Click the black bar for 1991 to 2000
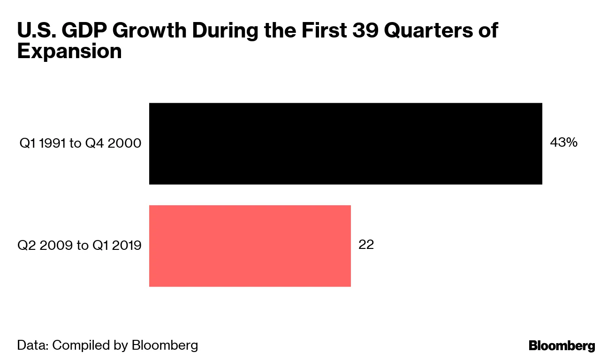pyautogui.click(x=345, y=143)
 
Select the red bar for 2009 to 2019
pyautogui.click(x=250, y=246)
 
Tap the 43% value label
pyautogui.click(x=563, y=143)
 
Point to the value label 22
pyautogui.click(x=366, y=245)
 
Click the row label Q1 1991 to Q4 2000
pyautogui.click(x=80, y=143)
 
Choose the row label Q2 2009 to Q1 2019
pyautogui.click(x=79, y=245)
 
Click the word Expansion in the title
pyautogui.click(x=69, y=52)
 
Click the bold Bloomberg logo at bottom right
pyautogui.click(x=562, y=346)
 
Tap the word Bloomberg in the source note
pyautogui.click(x=165, y=345)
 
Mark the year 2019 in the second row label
pyautogui.click(x=126, y=245)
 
